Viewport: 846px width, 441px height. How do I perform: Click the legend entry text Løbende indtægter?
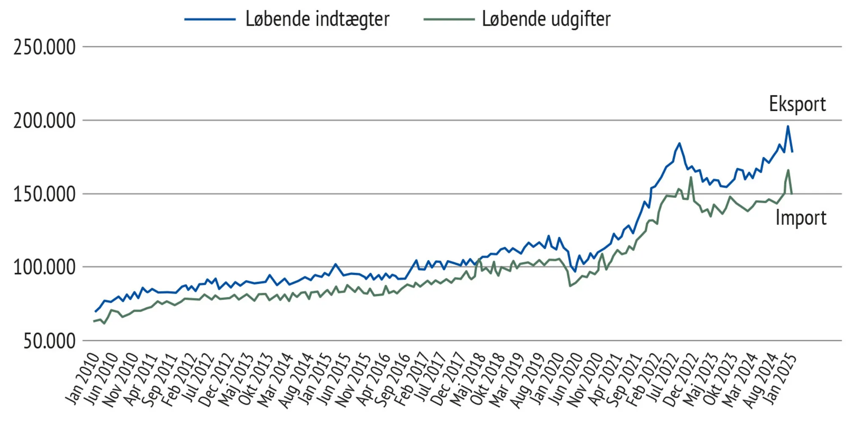[x=317, y=19]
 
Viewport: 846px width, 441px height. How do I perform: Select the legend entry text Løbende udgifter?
[x=546, y=19]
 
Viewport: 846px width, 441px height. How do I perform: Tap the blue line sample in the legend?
[x=210, y=19]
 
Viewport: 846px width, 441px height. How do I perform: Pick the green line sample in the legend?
[x=449, y=19]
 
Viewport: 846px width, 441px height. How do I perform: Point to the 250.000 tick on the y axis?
[x=44, y=47]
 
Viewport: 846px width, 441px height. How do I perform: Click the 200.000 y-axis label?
[x=44, y=121]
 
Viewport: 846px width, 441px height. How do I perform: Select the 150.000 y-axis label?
[x=44, y=194]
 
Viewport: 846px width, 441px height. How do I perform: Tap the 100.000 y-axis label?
[x=44, y=268]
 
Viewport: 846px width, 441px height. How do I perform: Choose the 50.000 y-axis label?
[x=49, y=341]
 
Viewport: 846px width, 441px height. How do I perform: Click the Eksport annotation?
[x=797, y=104]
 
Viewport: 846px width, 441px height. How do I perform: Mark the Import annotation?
[x=801, y=218]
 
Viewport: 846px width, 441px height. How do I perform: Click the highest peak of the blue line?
[x=788, y=126]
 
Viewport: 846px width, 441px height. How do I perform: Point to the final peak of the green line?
[x=788, y=170]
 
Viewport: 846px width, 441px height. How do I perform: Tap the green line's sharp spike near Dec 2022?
[x=691, y=177]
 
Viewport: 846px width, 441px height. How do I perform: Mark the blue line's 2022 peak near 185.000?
[x=679, y=143]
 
